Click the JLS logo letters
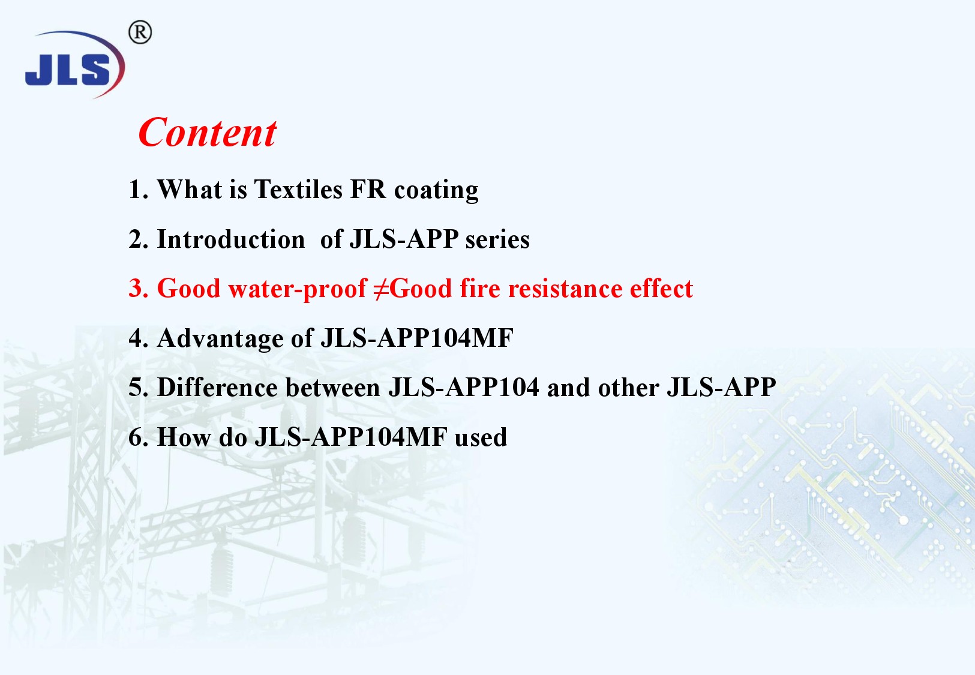[68, 70]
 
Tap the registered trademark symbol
[140, 32]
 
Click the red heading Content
[207, 133]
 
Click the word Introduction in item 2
[230, 239]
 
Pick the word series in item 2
[497, 240]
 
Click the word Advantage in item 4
[220, 339]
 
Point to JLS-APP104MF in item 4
[417, 338]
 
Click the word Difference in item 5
[217, 388]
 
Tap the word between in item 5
[332, 388]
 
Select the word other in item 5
[629, 388]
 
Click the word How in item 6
[184, 437]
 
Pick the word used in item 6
[481, 437]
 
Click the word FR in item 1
[368, 189]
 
